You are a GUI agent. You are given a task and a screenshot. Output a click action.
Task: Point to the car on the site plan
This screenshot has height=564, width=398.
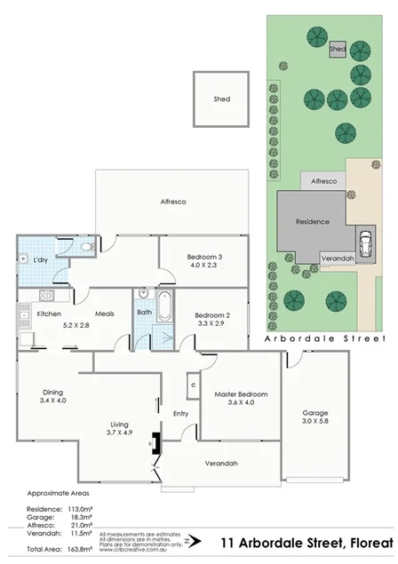pos(365,242)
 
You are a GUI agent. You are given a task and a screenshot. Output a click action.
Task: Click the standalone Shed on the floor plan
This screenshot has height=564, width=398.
pos(221,99)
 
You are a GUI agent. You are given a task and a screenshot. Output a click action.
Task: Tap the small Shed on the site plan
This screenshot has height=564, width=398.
pos(338,49)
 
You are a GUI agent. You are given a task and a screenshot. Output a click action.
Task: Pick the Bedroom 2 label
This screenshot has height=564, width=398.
pos(212,316)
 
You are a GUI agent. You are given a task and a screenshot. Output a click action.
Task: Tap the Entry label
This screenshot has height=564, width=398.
pos(180,413)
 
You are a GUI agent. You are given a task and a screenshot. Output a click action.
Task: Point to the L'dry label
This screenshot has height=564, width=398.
pos(40,260)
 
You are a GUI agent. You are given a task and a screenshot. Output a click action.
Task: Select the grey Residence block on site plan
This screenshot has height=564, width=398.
pos(311,222)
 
